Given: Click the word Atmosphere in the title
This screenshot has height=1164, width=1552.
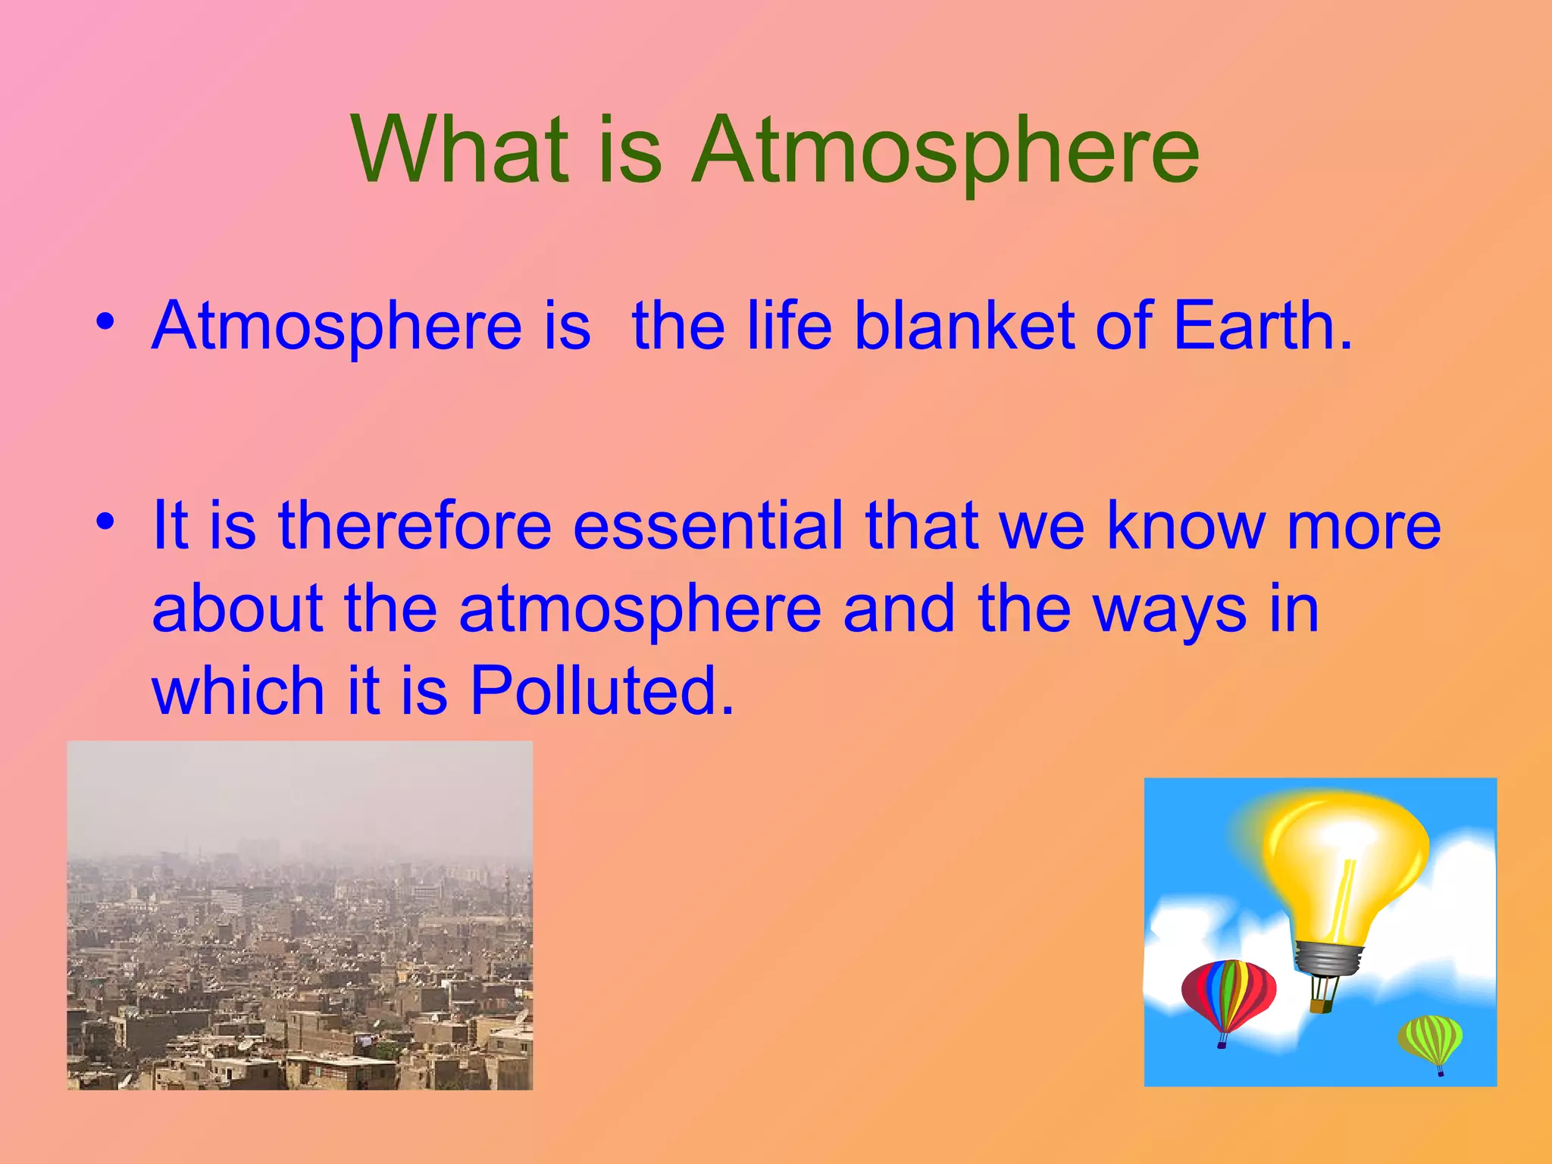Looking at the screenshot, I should point(945,150).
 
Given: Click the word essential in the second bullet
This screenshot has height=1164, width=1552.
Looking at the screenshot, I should point(708,526).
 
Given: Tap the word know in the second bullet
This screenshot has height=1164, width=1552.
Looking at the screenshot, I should point(1185,526).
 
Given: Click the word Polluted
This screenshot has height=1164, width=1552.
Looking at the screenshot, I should point(602,690).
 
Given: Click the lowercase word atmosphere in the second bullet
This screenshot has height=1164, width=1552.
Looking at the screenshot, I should point(640,611).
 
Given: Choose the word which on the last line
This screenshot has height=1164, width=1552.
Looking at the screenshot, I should point(238,690).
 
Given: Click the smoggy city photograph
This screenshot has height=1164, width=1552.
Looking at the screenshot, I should point(299,915).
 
